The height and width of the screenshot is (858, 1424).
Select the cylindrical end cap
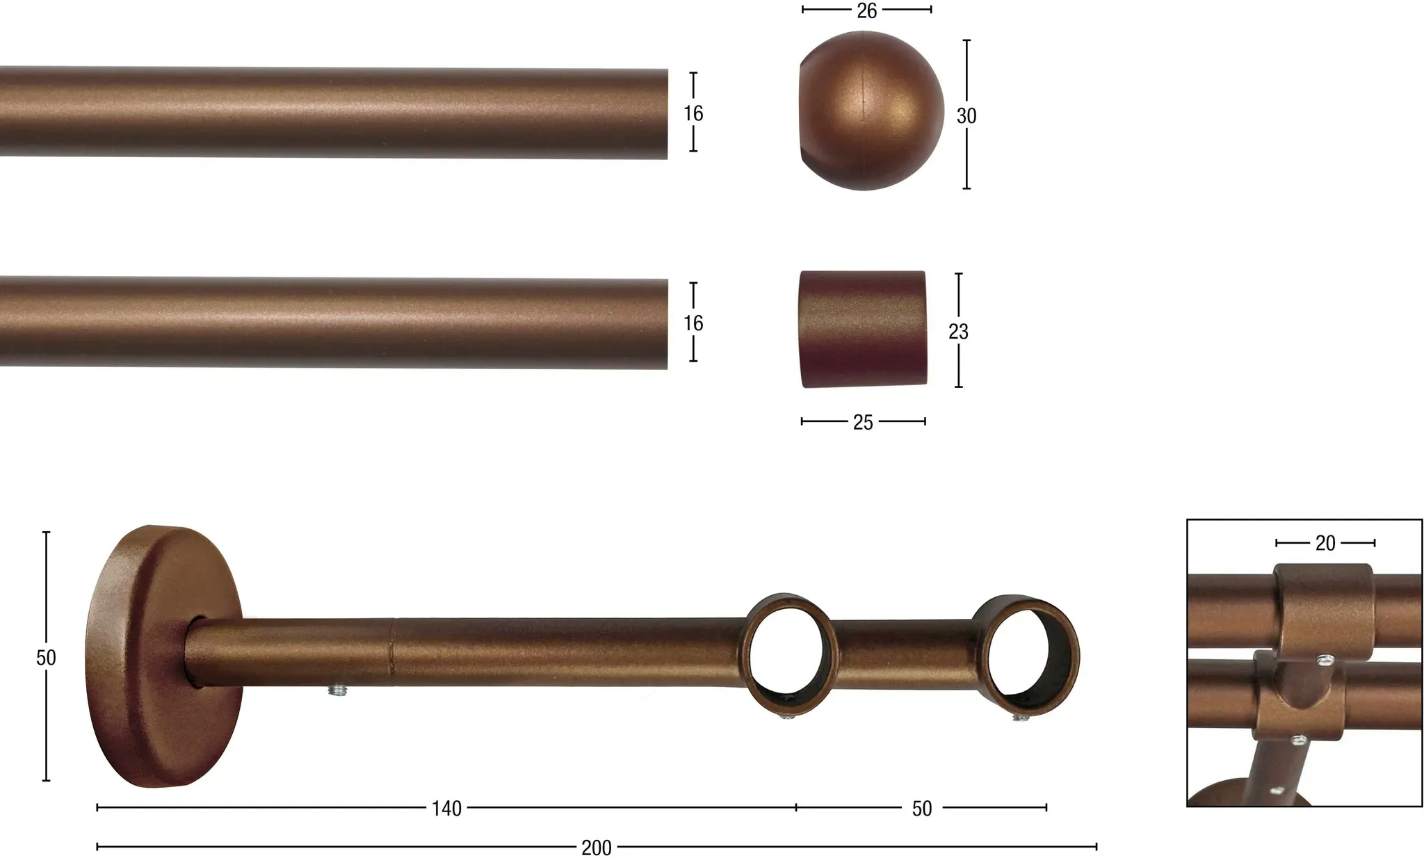coord(862,329)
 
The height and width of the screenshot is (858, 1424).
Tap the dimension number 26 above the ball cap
coord(866,11)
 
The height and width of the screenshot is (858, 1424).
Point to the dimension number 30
coord(966,116)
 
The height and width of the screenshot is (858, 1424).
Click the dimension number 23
coord(958,332)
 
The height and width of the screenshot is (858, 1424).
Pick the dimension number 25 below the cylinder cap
coord(862,423)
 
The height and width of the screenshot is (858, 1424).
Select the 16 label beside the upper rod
coord(693,113)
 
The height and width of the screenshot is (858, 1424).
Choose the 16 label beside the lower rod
coord(693,323)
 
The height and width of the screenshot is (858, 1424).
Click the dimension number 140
coord(446,809)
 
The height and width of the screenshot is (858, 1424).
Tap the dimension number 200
coord(597,848)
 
